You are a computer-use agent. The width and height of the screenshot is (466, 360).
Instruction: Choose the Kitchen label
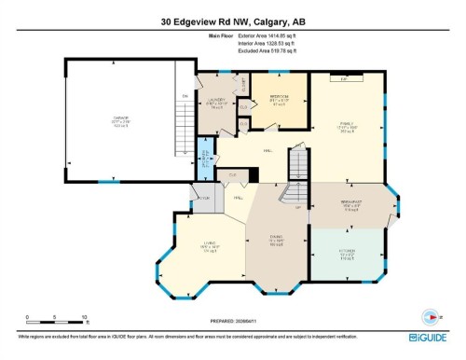click(x=346, y=252)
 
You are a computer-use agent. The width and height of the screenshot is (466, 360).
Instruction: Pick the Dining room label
click(x=275, y=240)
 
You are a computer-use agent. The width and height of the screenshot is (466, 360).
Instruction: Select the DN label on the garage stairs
click(x=185, y=96)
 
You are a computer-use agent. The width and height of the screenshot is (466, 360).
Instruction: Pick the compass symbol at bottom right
click(x=431, y=314)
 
